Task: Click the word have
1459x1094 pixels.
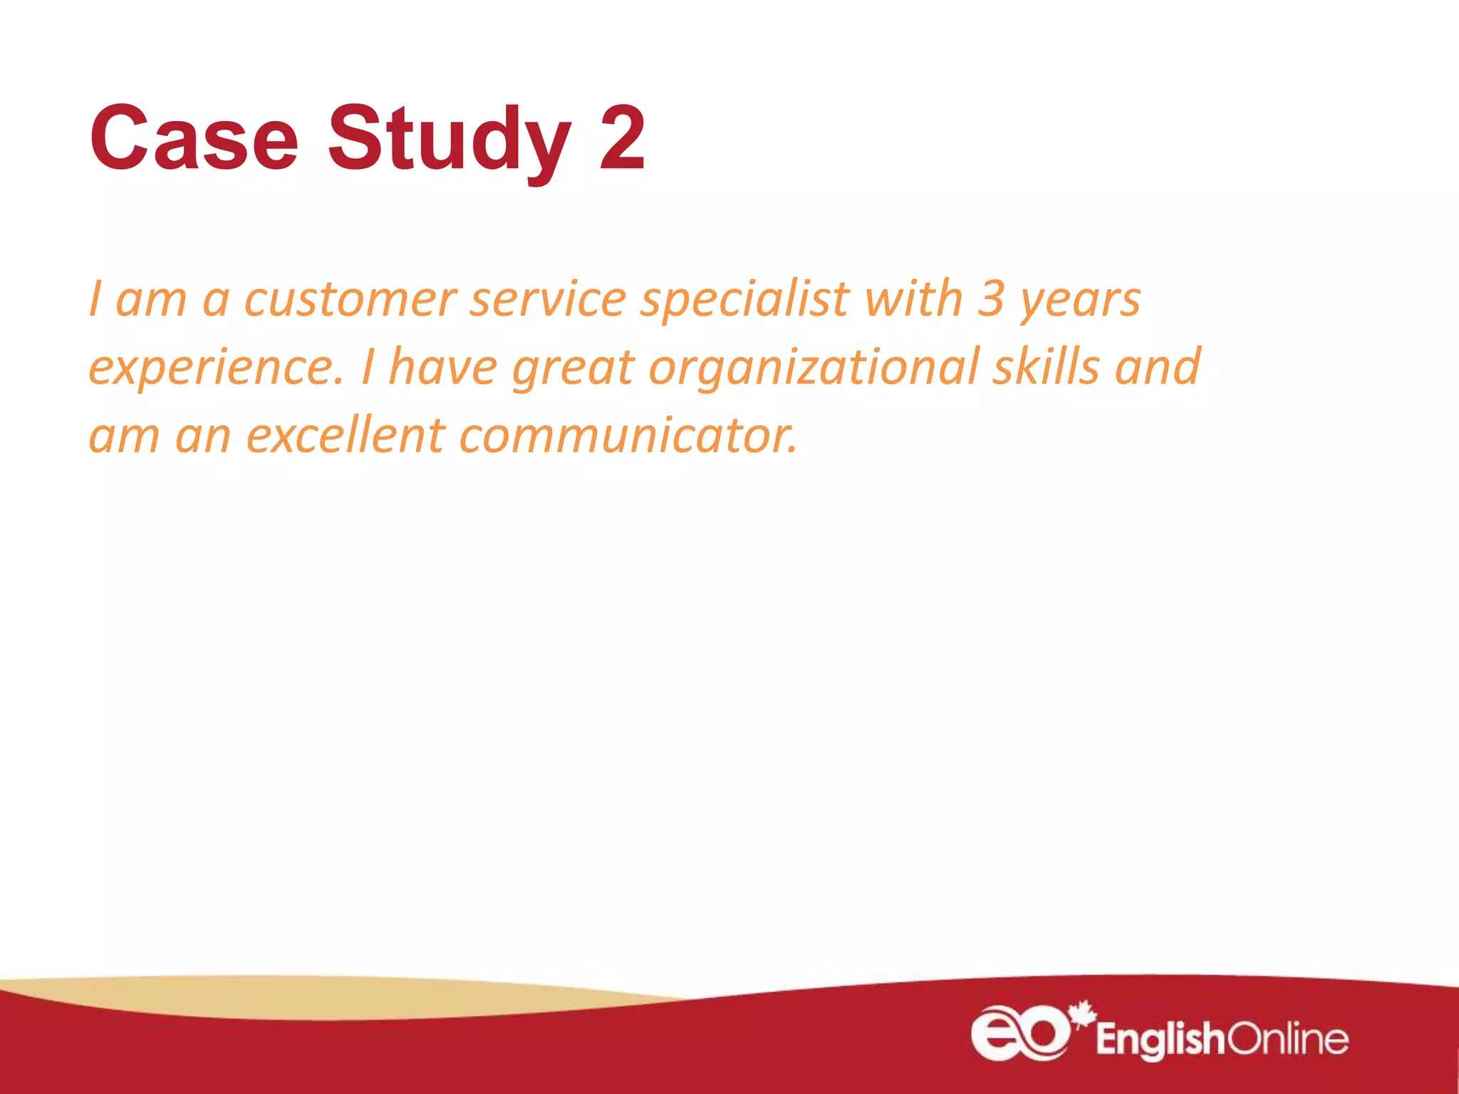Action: [x=443, y=367]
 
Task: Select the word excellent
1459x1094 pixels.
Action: [x=346, y=435]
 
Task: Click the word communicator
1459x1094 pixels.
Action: [x=628, y=435]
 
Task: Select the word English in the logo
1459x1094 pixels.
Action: [x=1160, y=1039]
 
